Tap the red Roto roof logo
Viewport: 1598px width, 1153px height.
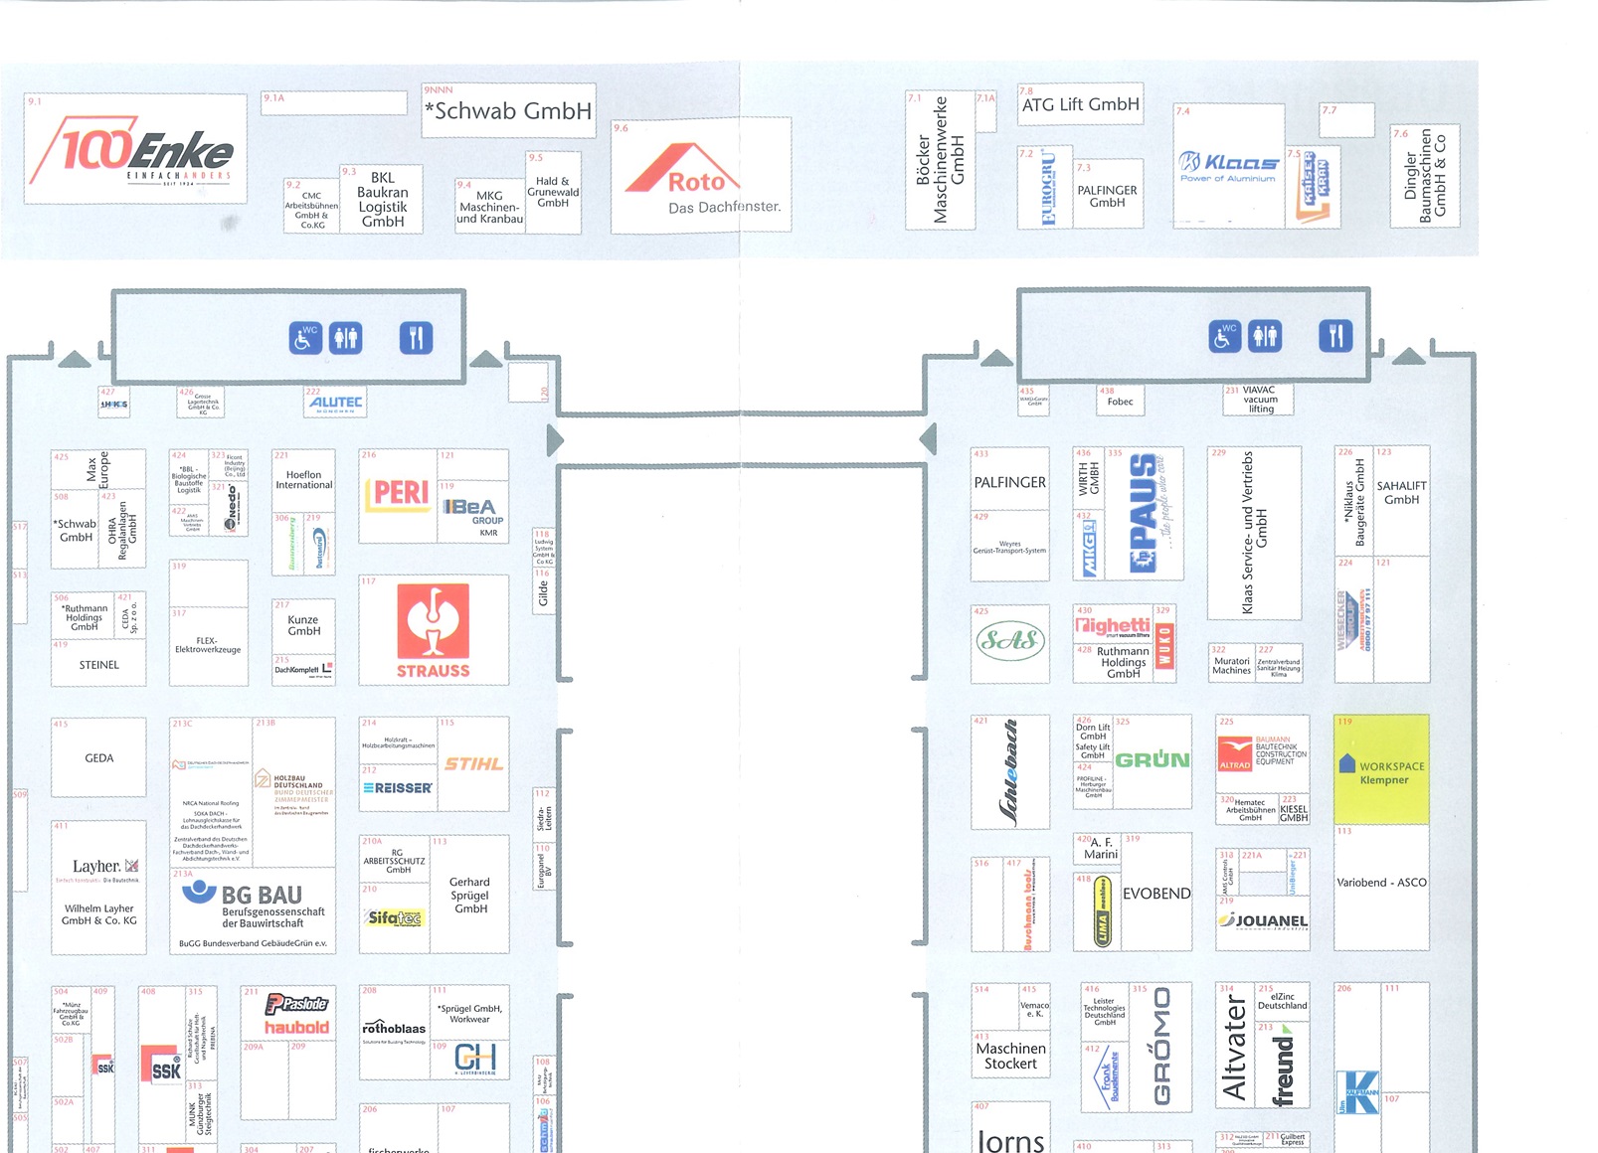click(685, 171)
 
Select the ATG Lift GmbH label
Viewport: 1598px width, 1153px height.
click(1080, 104)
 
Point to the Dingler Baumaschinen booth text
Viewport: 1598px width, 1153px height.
click(1424, 177)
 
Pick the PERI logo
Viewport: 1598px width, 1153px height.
click(400, 494)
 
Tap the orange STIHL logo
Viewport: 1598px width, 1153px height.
click(473, 763)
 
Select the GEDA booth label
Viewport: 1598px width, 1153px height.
click(98, 758)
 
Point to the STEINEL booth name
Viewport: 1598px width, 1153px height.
click(98, 665)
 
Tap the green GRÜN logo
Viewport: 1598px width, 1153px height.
click(1153, 760)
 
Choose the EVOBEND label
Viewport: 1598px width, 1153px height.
click(1155, 894)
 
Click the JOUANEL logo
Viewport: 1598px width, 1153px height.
click(1263, 920)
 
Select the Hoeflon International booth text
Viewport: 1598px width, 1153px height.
click(303, 480)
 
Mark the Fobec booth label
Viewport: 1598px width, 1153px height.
click(1120, 402)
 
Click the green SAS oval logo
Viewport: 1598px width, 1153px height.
click(1009, 640)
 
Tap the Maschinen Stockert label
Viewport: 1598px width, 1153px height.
click(1010, 1056)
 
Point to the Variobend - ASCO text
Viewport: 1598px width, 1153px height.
click(1381, 883)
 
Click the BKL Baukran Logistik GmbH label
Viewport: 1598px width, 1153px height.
click(382, 200)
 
